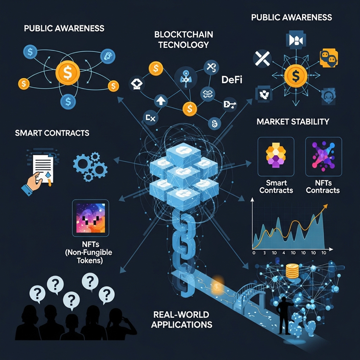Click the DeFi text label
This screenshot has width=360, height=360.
231,80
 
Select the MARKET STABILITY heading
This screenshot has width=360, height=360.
293,121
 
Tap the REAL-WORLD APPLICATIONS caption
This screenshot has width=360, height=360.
181,320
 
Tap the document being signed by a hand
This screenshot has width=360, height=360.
41,167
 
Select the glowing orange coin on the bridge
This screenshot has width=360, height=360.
216,286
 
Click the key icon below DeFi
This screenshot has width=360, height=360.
229,104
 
